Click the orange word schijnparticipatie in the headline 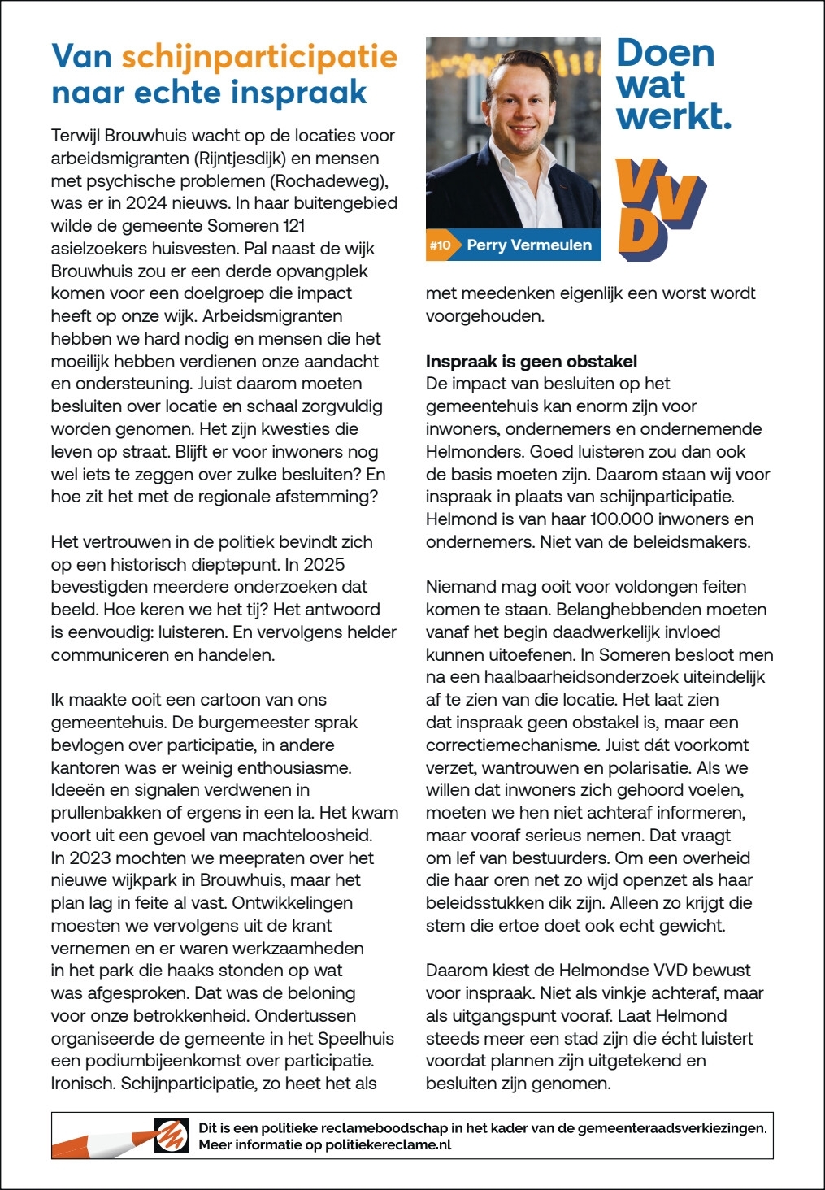pos(259,57)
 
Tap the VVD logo pos(660,210)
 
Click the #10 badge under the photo pos(440,245)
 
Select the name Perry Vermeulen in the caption pos(529,245)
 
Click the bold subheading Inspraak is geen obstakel pos(531,361)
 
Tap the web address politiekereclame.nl pos(388,1144)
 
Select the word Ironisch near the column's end pos(83,1083)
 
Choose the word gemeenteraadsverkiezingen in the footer pos(671,1127)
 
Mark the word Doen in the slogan pos(665,54)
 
